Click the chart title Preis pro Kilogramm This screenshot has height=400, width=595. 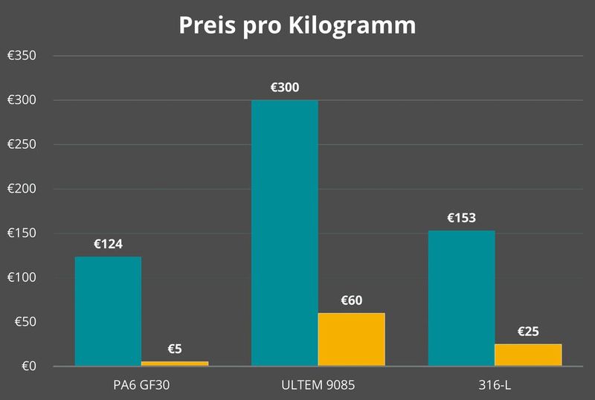297,25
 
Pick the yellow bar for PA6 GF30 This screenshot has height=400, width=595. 175,364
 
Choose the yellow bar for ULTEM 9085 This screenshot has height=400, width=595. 352,339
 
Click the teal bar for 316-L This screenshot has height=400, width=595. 461,298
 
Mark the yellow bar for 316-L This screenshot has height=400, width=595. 528,355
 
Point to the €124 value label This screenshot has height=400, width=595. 108,244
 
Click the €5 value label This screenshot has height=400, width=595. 175,348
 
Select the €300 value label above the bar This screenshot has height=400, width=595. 285,88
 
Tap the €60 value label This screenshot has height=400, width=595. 352,300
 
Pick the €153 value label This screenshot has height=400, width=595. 461,219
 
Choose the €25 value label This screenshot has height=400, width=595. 528,332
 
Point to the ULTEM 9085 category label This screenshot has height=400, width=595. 318,385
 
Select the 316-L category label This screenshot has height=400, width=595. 495,385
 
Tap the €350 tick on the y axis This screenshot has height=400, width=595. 22,57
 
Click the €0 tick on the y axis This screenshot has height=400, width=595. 27,367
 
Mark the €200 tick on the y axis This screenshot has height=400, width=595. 22,189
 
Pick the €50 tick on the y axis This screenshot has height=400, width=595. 24,322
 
